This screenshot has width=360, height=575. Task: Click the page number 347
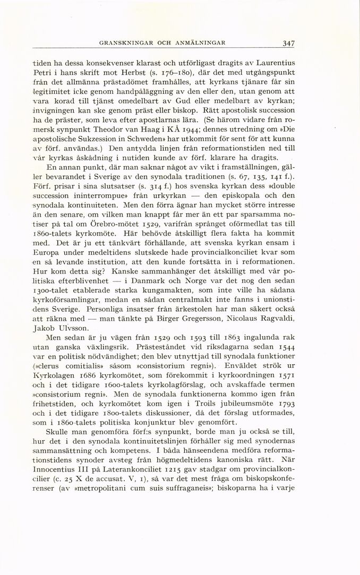[x=289, y=43]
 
